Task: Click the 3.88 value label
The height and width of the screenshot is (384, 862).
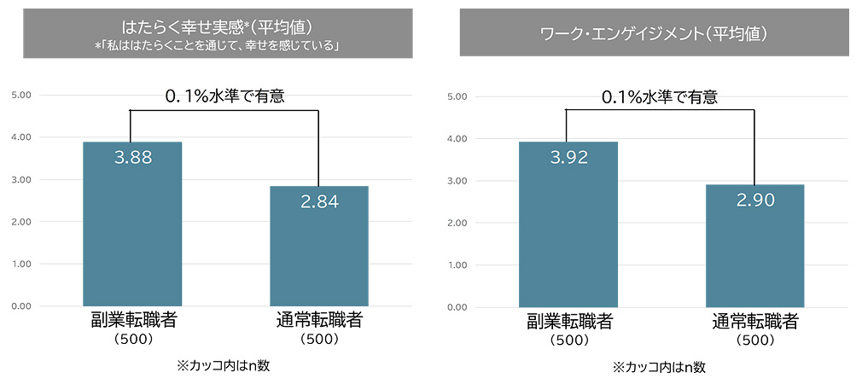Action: point(132,157)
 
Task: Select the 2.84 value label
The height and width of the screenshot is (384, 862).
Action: point(319,201)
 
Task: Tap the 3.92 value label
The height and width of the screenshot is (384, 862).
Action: point(568,157)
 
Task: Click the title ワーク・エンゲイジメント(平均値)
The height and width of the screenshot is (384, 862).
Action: point(654,35)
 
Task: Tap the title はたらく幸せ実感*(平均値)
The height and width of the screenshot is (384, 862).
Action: point(218,25)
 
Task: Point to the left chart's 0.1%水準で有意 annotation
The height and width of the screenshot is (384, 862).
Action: point(224,96)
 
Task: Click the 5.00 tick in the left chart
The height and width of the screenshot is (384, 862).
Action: point(21,95)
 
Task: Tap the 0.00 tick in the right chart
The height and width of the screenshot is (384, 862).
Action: point(457,307)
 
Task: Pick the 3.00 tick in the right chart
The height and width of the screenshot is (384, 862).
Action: point(457,181)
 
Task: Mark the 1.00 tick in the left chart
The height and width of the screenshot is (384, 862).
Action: point(21,264)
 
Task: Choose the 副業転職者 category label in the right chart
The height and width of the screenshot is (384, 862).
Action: point(568,322)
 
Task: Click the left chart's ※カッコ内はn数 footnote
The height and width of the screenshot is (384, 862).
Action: point(224,366)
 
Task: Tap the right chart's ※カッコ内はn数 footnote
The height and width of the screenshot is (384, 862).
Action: point(659,368)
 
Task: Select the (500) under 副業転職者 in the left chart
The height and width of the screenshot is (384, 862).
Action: point(132,339)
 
